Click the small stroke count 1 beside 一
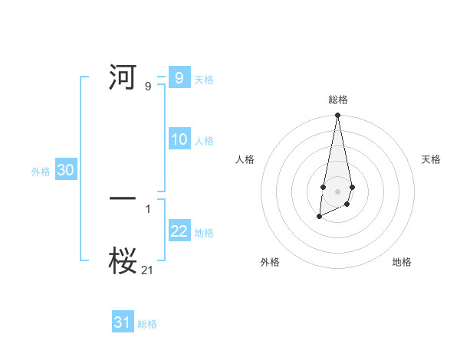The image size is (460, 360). [x=148, y=208]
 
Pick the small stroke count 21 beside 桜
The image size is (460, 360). [x=148, y=270]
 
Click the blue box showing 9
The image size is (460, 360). [x=179, y=78]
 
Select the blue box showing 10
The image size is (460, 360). [x=179, y=139]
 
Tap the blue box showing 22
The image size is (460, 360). [x=179, y=231]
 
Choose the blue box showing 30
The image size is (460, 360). [x=66, y=170]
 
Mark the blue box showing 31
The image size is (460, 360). [x=123, y=322]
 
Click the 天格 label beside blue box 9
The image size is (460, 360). [x=204, y=80]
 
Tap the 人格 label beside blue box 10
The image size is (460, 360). [x=204, y=141]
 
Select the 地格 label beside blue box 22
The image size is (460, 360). [x=204, y=233]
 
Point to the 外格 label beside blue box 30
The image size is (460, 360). [x=41, y=172]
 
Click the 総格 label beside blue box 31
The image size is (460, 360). [x=147, y=324]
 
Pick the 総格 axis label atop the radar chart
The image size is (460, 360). [x=337, y=100]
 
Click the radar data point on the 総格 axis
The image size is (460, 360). [x=337, y=116]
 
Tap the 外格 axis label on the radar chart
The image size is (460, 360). [x=270, y=262]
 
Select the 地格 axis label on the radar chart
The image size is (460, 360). [x=402, y=262]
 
